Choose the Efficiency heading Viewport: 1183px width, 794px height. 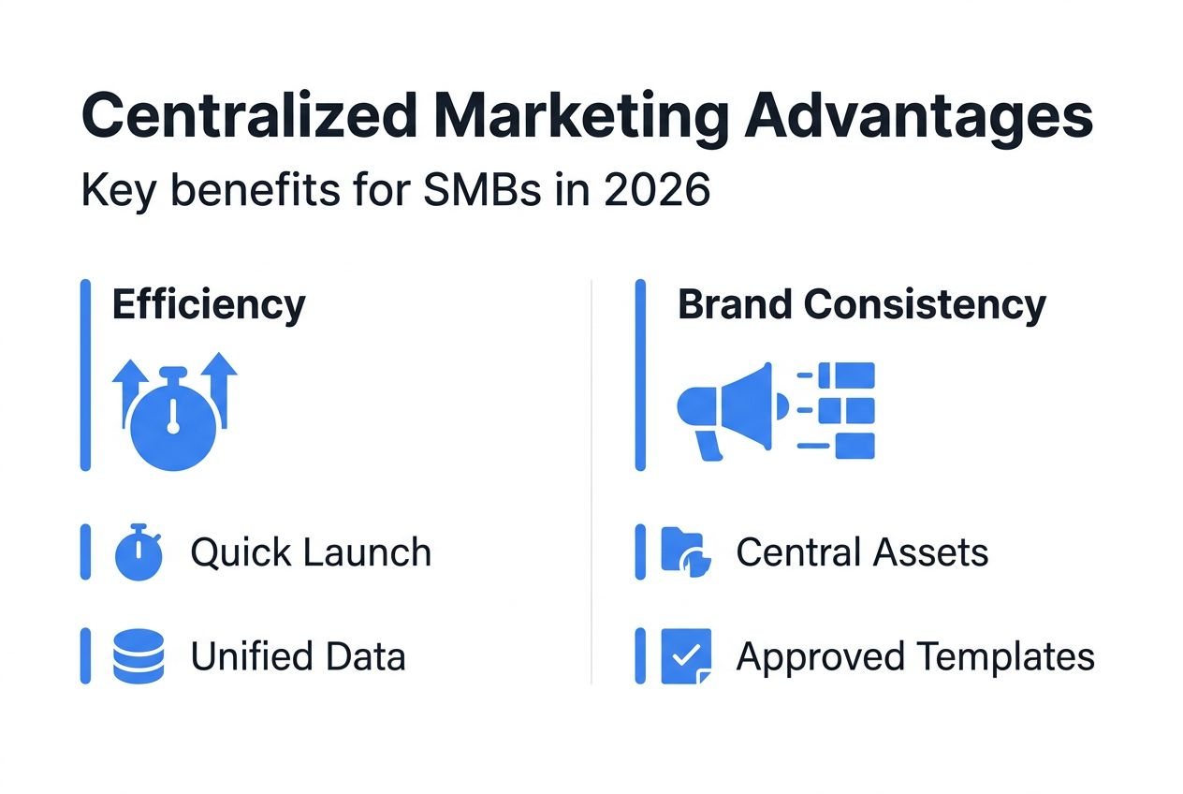209,304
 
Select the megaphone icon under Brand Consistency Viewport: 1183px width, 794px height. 728,409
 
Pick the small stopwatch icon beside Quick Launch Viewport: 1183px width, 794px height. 138,552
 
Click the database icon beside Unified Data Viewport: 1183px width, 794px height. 138,656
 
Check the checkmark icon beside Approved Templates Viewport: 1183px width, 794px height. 686,656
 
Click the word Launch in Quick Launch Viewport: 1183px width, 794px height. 372,552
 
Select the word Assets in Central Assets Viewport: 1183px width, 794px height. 930,552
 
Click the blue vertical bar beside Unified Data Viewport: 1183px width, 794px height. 85,656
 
